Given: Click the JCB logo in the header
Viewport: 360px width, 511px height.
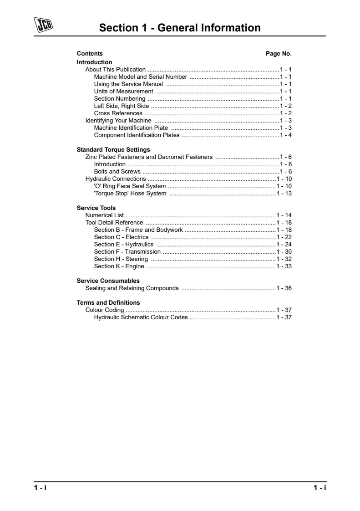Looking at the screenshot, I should pos(44,25).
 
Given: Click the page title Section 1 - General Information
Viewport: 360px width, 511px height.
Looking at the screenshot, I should pos(180,28).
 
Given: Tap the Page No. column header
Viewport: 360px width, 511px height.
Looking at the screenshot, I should pos(279,54).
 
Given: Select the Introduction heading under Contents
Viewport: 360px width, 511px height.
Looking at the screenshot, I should pos(94,62).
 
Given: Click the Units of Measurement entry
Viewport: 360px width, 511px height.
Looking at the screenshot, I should pos(123,92).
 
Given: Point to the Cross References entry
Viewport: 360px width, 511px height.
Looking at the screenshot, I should pos(118,113).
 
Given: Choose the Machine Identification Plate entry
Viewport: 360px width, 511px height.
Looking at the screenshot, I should pos(131,128).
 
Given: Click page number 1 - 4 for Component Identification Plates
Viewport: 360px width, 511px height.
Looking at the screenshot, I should pos(286,135).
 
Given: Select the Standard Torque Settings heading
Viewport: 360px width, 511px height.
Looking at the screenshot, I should pos(113,150).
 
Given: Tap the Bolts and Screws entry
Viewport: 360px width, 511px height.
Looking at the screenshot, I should pos(117,172).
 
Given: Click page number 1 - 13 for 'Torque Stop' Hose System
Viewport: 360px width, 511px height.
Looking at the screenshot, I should pos(284,194).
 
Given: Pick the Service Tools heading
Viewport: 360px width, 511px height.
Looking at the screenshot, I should pos(96,208).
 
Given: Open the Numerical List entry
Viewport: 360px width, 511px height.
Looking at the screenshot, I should pos(104,215).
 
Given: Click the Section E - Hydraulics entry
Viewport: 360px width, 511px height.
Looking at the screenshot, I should pos(124,245).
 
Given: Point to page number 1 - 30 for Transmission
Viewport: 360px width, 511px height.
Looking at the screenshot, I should pos(284,252).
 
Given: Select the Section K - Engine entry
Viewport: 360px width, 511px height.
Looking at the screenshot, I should pos(119,266).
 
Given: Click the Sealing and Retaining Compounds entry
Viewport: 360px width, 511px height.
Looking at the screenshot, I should pos(132,288).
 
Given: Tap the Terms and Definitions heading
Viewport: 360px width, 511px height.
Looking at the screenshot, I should pos(108,303).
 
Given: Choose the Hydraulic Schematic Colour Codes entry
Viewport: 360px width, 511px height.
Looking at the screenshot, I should pos(141,317).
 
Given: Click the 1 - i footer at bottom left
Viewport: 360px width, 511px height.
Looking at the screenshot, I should pos(40,488).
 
